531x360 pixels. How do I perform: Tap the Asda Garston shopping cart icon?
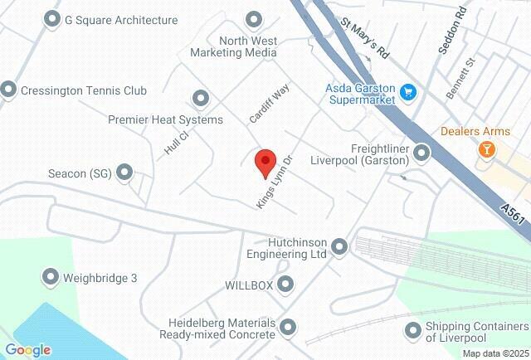pos(407,91)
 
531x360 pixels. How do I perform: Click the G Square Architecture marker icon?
pos(52,18)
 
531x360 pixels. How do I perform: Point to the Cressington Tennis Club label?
pos(83,90)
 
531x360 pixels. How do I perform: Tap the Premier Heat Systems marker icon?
pos(199,99)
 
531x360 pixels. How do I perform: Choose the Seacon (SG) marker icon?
pos(124,173)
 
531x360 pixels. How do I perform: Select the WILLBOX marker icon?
pos(286,285)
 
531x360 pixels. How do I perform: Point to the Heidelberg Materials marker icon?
pos(288,328)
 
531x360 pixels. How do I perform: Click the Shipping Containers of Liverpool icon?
pos(412,331)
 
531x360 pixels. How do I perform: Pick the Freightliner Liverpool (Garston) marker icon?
pos(422,153)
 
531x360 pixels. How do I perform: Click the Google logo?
pos(27,350)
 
